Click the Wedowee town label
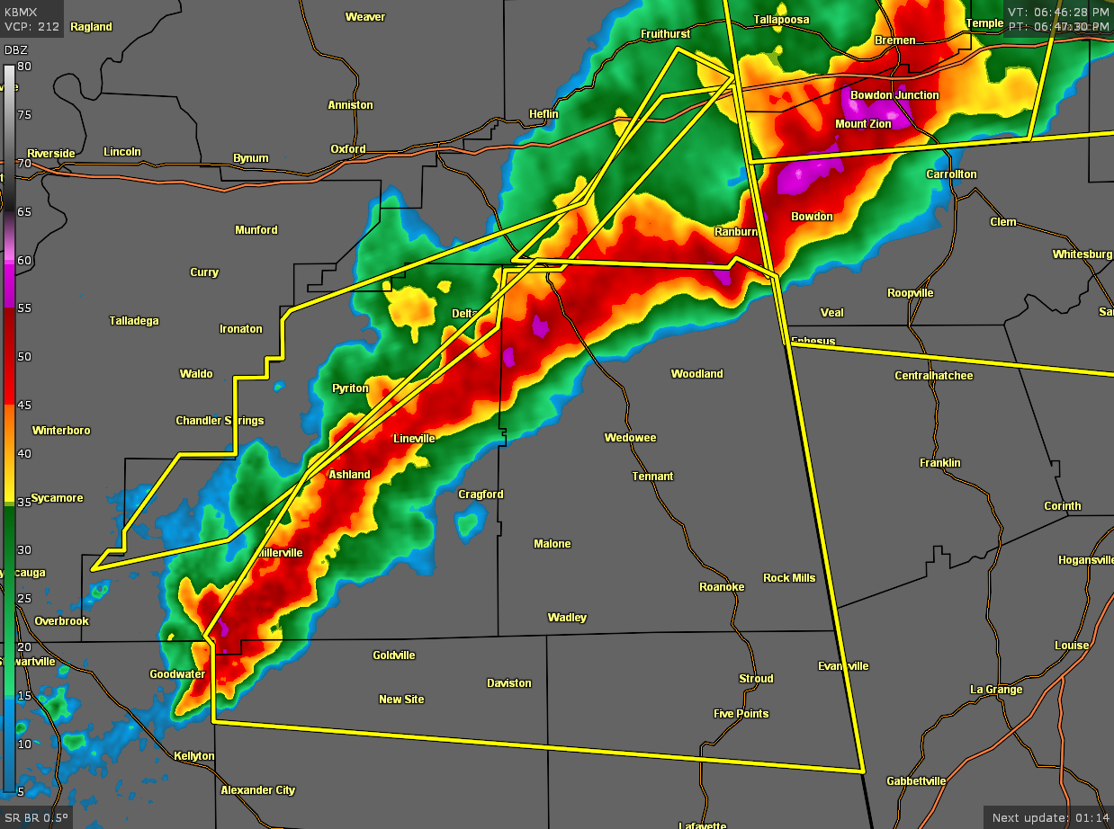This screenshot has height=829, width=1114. coord(630,438)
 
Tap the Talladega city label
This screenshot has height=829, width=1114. coord(134,321)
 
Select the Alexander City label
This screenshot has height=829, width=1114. coord(258,790)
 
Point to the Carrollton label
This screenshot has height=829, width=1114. coord(951,174)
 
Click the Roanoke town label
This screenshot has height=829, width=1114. coord(722,587)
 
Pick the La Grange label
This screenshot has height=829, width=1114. coord(996,690)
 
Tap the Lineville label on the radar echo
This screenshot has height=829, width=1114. coord(414,439)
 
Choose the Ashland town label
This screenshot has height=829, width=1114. coord(349,475)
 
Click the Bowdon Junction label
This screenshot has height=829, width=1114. coord(894,95)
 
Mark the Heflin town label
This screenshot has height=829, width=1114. coord(544,114)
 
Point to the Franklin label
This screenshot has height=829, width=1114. coord(940,463)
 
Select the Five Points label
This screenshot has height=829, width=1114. coord(741,714)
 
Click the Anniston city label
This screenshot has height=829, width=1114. coord(350,105)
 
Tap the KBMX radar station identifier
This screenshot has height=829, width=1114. coord(21,13)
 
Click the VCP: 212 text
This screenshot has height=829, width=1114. coord(31,27)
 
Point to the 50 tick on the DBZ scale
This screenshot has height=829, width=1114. coord(25,357)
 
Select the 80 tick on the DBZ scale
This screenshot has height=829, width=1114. coord(24,67)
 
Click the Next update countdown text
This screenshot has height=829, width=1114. coord(1048,818)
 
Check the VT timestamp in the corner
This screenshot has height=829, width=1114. coord(1058,12)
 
